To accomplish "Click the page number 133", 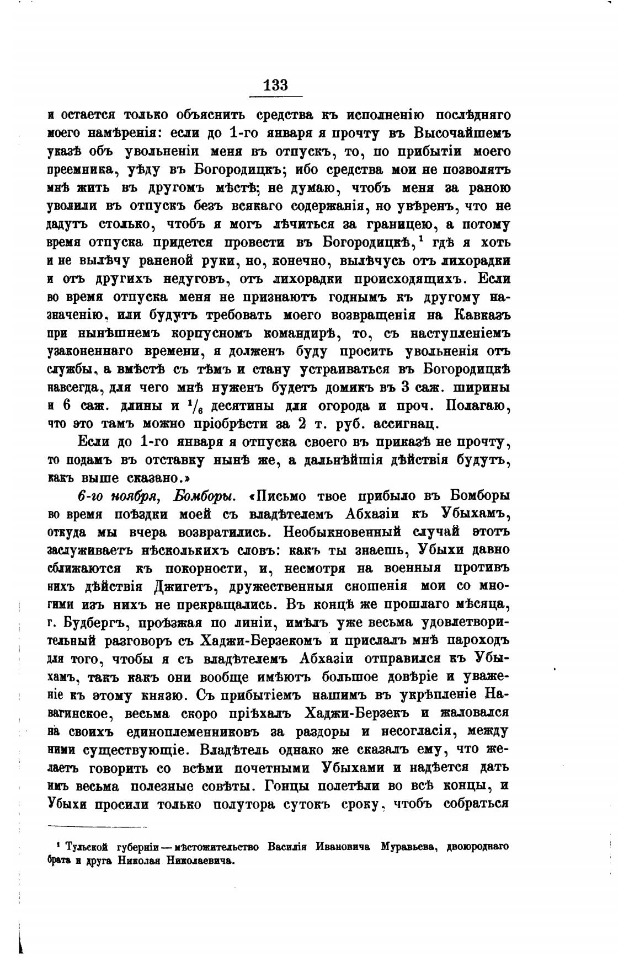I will click(x=276, y=85).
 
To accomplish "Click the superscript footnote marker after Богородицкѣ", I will click(x=421, y=239).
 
